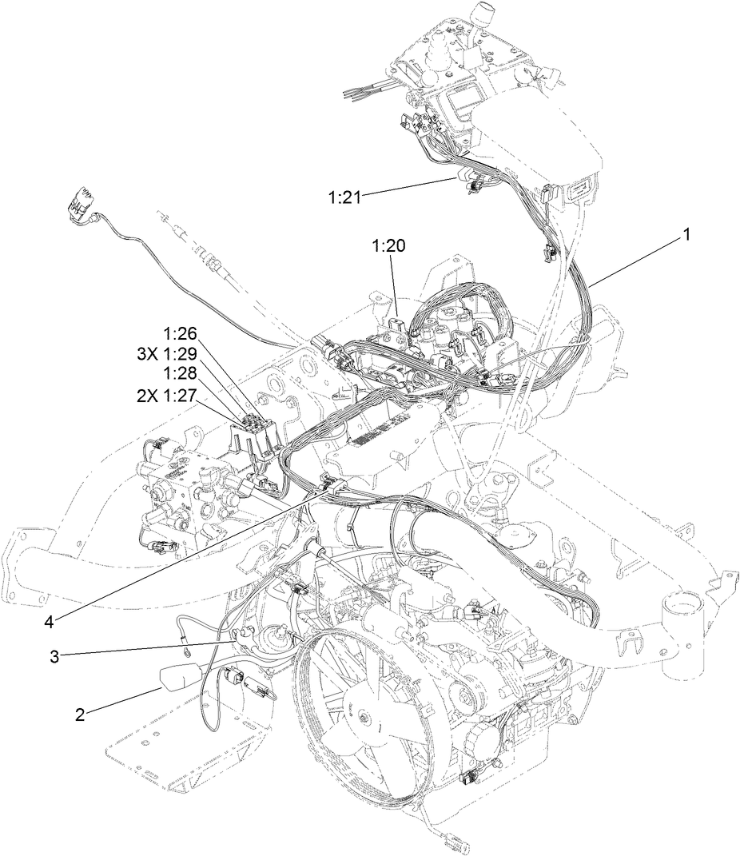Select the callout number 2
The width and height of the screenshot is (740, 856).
(x=80, y=714)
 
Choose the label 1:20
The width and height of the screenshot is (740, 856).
(x=388, y=247)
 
